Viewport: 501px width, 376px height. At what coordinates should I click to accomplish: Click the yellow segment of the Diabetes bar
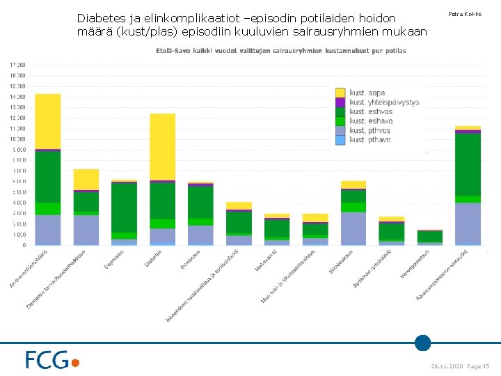coord(162,146)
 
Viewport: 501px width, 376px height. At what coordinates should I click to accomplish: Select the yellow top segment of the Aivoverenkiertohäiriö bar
coord(48,120)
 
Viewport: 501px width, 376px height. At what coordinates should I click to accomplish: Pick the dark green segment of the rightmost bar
coord(468,164)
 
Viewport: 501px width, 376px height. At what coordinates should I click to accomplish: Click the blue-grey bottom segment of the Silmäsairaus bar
coord(353,228)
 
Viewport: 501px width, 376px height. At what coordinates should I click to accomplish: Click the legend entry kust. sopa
coord(367,93)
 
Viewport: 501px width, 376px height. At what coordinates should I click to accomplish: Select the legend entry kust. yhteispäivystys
coord(384,102)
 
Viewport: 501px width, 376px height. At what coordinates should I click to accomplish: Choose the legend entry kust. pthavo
coord(369,140)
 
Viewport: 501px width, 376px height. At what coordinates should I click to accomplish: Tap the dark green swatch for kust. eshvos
coord(340,111)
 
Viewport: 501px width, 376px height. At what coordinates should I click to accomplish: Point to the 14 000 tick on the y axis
coord(17,97)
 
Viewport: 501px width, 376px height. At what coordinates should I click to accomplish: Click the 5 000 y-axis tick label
coord(19,192)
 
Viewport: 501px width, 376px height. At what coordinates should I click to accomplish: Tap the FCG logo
coord(52,359)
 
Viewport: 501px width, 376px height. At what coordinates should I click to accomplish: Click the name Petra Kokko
coord(465,14)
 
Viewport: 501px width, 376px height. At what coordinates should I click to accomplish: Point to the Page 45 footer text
coord(478,366)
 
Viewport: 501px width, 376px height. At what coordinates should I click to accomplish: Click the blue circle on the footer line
coord(422,343)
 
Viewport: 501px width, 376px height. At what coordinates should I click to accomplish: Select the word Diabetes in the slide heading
coord(100,17)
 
